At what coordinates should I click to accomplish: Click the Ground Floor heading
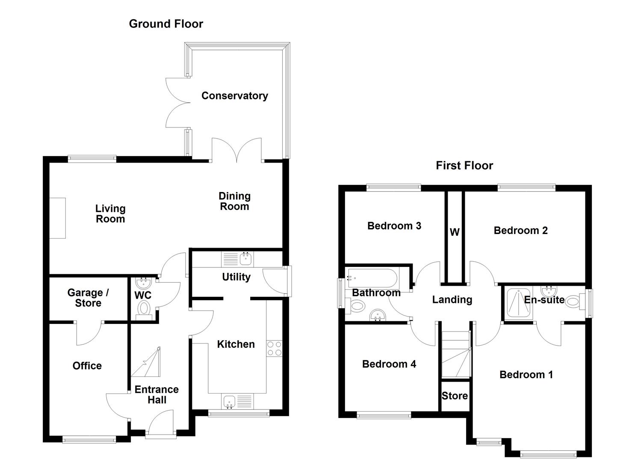(x=166, y=24)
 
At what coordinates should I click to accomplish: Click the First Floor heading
(x=464, y=166)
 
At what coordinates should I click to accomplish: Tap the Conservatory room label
(x=235, y=96)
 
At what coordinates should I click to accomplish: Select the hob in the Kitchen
(x=274, y=348)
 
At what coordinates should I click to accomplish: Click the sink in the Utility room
(x=246, y=258)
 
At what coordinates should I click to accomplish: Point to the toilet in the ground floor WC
(x=144, y=309)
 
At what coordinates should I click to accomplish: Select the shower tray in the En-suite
(x=518, y=304)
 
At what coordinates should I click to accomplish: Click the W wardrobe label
(x=455, y=232)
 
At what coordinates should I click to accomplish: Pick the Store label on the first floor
(x=455, y=396)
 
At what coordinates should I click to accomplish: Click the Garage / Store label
(x=88, y=298)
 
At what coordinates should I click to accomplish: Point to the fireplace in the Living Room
(x=57, y=218)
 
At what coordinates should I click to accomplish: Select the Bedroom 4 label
(x=389, y=364)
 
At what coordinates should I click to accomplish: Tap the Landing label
(x=452, y=300)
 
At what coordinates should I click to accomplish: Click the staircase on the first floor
(x=455, y=355)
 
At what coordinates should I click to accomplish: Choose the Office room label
(x=87, y=366)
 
